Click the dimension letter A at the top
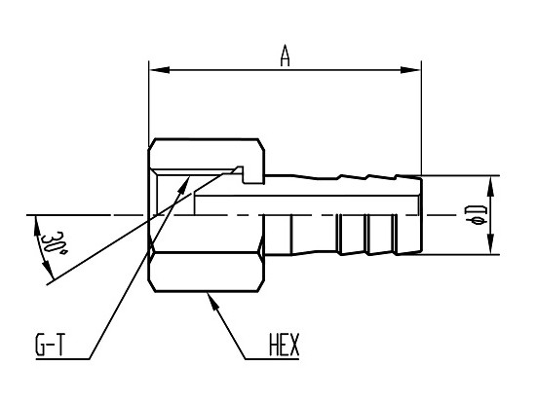(x=285, y=55)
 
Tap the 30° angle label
(x=54, y=242)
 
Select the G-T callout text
(x=50, y=345)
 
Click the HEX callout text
(x=284, y=345)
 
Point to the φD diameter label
(x=476, y=215)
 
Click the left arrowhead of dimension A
(x=160, y=70)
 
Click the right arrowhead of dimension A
(x=410, y=70)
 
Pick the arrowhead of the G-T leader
(x=184, y=185)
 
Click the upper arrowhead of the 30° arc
(x=35, y=226)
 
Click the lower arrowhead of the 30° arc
(x=48, y=270)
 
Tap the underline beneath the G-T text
(x=62, y=358)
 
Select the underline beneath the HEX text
(x=272, y=358)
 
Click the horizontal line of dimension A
(x=286, y=70)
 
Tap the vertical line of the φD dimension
(x=491, y=215)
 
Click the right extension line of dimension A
(x=421, y=118)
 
